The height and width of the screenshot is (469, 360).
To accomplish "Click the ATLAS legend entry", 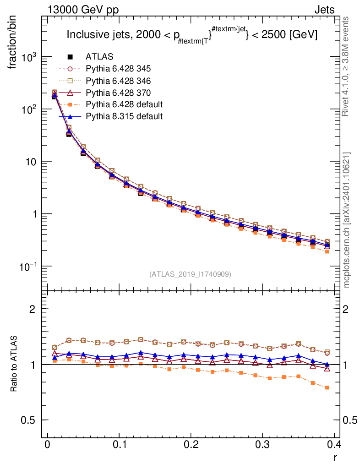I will [99, 57].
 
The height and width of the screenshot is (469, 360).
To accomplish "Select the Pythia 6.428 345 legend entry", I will [118, 69].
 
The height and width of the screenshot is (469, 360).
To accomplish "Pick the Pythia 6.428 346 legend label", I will [118, 81].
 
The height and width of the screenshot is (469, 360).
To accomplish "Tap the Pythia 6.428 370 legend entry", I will [118, 93].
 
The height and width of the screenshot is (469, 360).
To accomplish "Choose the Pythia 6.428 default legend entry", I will [124, 104].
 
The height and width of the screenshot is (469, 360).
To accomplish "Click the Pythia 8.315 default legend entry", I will [124, 116].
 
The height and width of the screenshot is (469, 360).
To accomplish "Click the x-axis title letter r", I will [335, 457].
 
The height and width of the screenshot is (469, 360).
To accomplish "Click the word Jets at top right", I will [324, 10].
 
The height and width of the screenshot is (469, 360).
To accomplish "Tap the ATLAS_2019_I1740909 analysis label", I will [190, 274].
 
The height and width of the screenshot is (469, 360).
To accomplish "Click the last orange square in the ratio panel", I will [327, 387].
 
